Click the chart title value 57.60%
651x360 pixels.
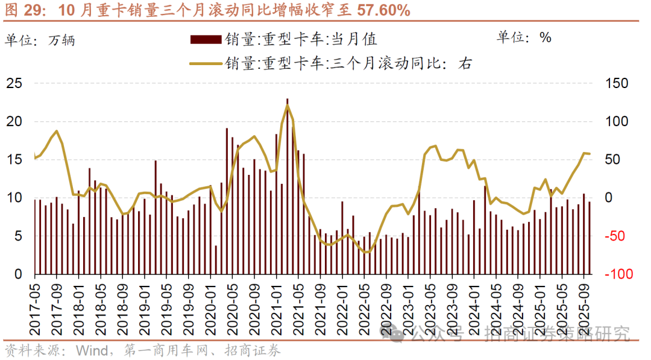(x=375, y=10)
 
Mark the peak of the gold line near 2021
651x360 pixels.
(x=288, y=106)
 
